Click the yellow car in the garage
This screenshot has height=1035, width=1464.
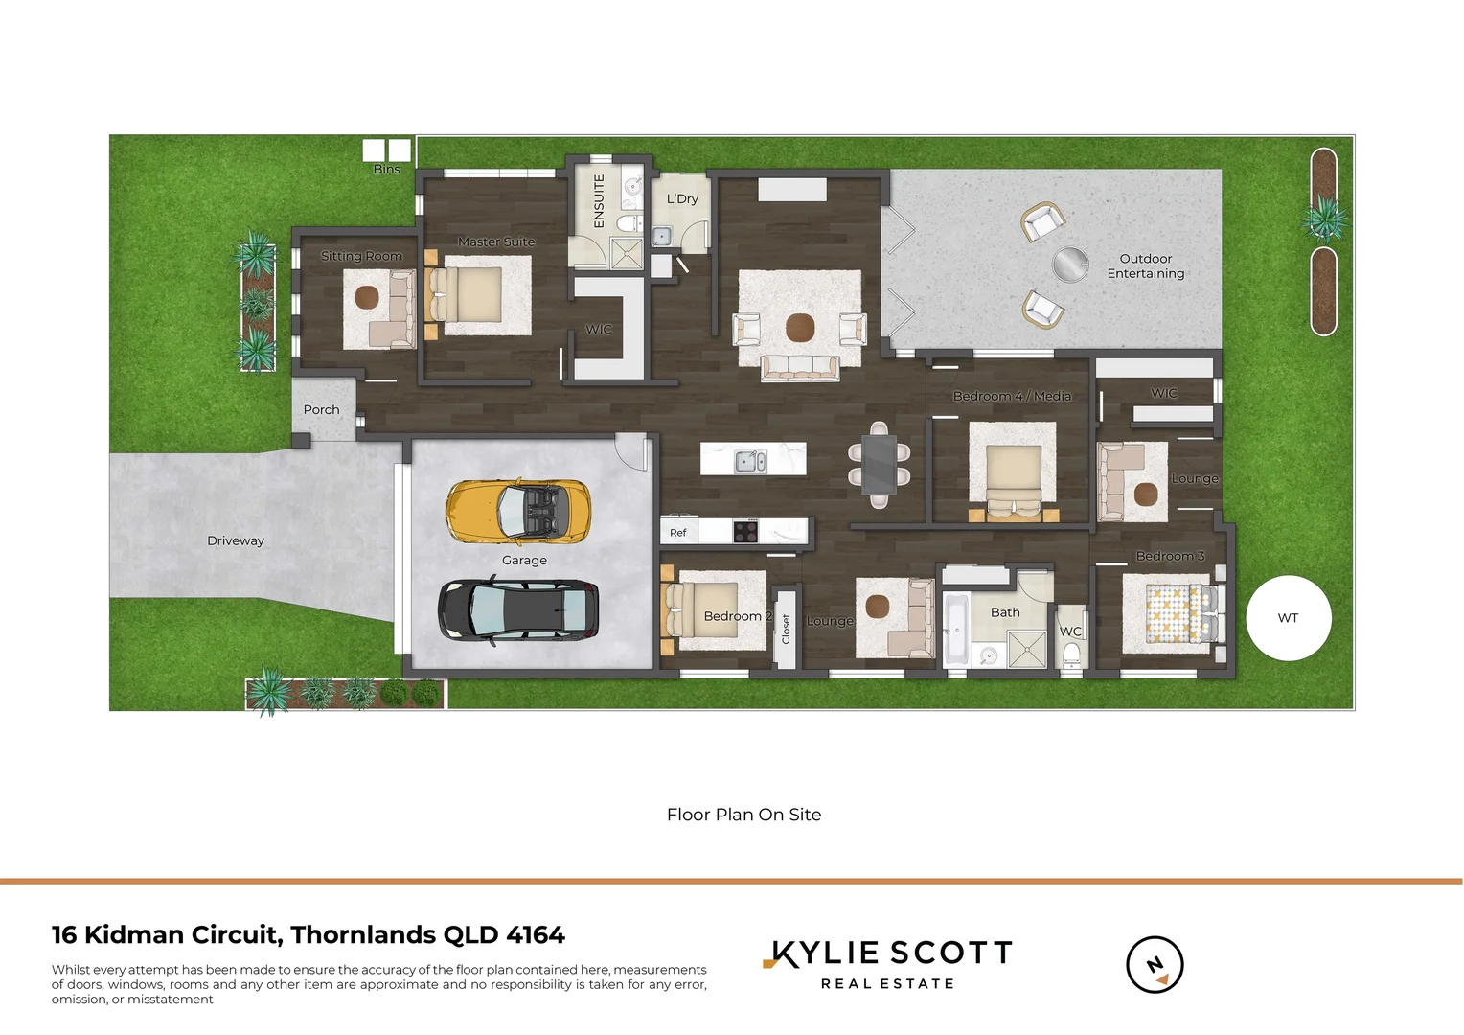[517, 510]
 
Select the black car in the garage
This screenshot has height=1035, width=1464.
[518, 609]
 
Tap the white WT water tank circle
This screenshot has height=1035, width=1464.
[1289, 618]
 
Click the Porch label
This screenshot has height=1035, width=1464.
[321, 410]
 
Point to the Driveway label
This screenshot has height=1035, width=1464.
[236, 541]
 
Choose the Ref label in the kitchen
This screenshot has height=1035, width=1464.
[678, 533]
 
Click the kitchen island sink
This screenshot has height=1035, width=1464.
[749, 462]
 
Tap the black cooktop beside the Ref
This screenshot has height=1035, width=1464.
[745, 531]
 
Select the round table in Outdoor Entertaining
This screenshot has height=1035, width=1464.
[1070, 264]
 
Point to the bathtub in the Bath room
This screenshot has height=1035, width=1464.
[955, 630]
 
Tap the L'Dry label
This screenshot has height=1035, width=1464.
[682, 199]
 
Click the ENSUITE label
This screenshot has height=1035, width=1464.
[600, 200]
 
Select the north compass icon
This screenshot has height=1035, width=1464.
[1155, 964]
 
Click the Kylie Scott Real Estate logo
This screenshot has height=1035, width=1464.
[888, 964]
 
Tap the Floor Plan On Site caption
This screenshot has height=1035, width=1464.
[743, 815]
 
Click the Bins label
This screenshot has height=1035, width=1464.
[387, 170]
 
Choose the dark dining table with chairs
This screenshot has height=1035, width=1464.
[879, 464]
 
